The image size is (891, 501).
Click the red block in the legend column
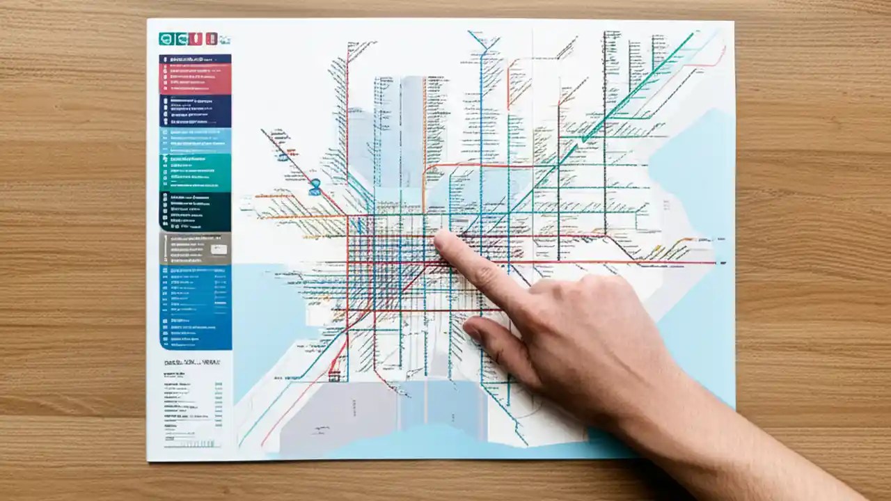195,74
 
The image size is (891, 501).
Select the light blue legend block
195,141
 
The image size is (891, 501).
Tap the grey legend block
195,248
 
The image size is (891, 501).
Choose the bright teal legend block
195,173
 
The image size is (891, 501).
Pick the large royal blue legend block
195,307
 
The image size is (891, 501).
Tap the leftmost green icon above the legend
166,39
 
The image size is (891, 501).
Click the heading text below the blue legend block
188,363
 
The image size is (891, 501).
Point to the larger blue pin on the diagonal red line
315,186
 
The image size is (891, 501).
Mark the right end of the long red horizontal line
716,262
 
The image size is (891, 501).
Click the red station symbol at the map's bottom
335,376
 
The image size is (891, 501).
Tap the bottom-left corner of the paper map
148,459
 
